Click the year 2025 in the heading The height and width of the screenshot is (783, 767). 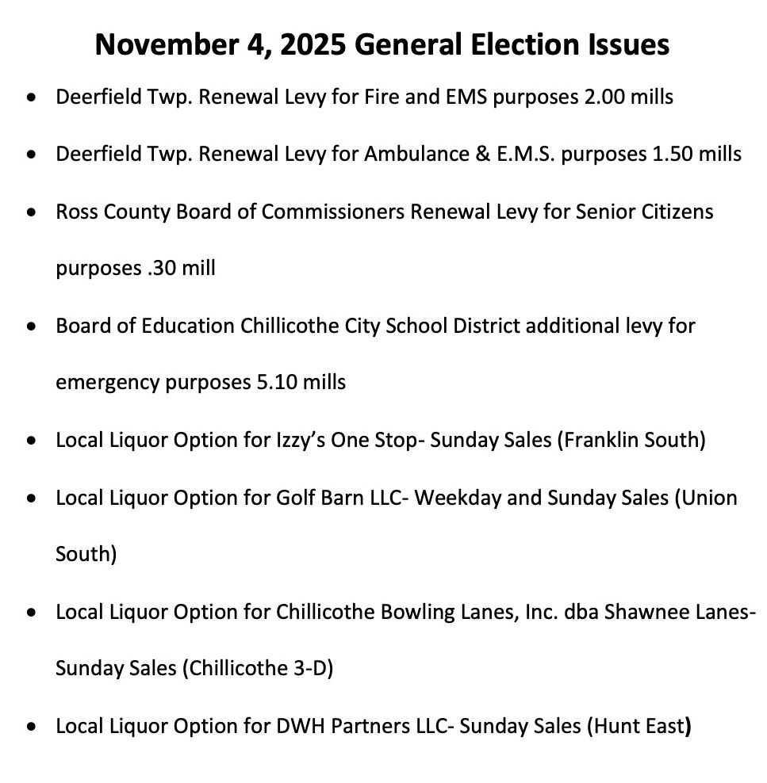(x=309, y=44)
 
